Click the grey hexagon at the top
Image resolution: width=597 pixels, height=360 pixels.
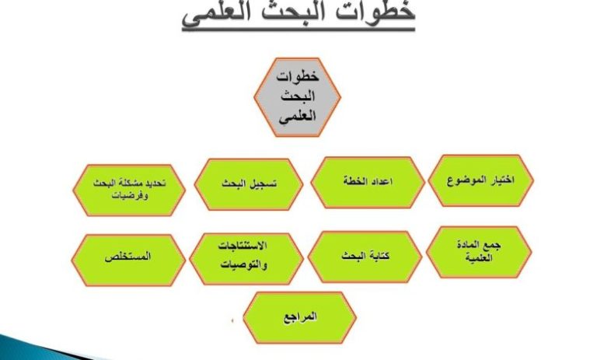coord(297,97)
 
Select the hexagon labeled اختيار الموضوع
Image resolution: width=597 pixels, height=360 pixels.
coord(481,180)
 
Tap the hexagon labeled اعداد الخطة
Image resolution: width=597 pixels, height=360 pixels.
coord(368,183)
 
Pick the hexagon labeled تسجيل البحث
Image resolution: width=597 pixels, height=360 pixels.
coord(249,184)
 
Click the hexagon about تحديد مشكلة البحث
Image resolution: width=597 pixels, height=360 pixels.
coord(129,190)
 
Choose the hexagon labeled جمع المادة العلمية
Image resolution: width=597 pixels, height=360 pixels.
coord(479,252)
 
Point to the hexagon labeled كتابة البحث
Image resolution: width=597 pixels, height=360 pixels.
coord(365,257)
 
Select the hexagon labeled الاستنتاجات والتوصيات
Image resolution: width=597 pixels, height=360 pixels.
coord(246,259)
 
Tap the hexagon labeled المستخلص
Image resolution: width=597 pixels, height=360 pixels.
coord(128,260)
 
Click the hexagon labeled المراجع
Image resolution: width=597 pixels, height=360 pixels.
coord(299,318)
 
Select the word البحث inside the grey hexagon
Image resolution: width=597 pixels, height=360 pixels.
coord(298,96)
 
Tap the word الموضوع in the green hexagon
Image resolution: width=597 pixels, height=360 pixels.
coord(463,180)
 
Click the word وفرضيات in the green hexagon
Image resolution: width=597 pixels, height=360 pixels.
coord(130,195)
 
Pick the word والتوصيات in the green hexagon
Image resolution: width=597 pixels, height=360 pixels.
coord(244,264)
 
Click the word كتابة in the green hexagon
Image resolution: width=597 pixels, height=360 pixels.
coord(379,255)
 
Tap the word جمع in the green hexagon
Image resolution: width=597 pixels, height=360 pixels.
coord(494,246)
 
